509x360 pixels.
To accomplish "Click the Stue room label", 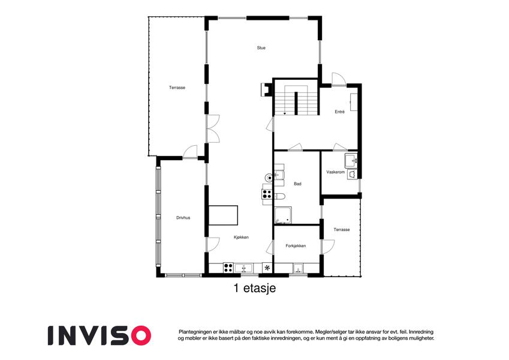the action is [261, 48].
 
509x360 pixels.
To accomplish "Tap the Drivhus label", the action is [183, 218].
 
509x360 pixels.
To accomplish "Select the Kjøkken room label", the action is [241, 237].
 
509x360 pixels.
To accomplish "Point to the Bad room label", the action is [297, 184].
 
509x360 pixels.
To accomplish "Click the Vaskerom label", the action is [335, 172].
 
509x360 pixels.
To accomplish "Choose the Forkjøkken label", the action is [296, 246].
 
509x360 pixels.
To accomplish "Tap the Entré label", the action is [339, 112].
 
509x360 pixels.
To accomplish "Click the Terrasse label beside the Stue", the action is [177, 88].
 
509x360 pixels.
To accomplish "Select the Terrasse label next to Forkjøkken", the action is [342, 229].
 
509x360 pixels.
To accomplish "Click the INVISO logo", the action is [100, 335].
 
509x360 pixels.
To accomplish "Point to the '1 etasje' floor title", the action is [255, 288].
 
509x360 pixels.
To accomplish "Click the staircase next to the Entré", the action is [296, 100].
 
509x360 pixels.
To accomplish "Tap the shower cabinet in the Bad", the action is [283, 215].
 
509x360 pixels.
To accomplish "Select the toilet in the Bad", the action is [279, 196].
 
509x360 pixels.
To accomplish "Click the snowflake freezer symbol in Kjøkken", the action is [267, 268].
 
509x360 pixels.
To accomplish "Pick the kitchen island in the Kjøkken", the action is [223, 215].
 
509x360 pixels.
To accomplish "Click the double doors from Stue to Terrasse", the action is [213, 128].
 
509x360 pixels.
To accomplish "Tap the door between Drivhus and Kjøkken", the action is [213, 244].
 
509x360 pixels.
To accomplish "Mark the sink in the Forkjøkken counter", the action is [298, 268].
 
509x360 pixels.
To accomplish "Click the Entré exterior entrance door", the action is [339, 80].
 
